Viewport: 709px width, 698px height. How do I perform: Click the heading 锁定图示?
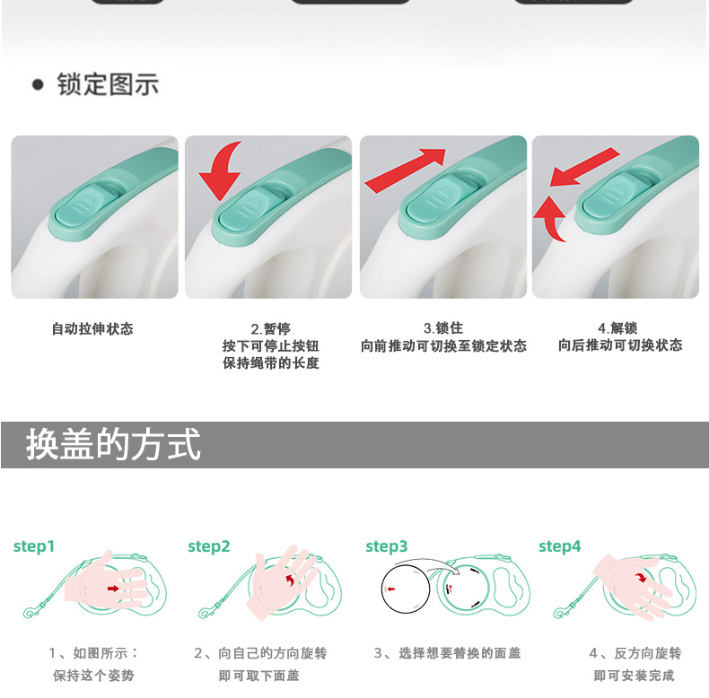pyautogui.click(x=108, y=85)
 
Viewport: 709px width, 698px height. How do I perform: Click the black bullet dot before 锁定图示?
pyautogui.click(x=38, y=86)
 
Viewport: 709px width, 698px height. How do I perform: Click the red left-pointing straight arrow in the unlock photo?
pyautogui.click(x=584, y=168)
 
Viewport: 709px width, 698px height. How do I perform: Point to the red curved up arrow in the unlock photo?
pyautogui.click(x=550, y=221)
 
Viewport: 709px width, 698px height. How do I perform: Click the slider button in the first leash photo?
pyautogui.click(x=90, y=203)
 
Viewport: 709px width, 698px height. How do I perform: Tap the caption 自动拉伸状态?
pyautogui.click(x=92, y=329)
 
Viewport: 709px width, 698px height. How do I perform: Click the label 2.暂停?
pyautogui.click(x=270, y=329)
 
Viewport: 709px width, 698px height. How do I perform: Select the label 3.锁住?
pyautogui.click(x=443, y=328)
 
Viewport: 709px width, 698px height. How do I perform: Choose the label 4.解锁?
pyautogui.click(x=617, y=328)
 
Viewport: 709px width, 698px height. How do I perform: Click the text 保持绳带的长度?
pyautogui.click(x=271, y=363)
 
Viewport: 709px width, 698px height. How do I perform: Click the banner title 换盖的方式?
pyautogui.click(x=113, y=445)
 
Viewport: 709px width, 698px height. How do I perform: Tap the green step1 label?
pyautogui.click(x=34, y=546)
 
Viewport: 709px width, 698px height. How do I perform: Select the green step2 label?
pyautogui.click(x=209, y=546)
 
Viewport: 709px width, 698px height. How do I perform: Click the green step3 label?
pyautogui.click(x=387, y=546)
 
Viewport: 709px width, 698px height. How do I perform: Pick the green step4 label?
pyautogui.click(x=560, y=546)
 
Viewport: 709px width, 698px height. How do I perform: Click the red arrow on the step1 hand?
pyautogui.click(x=112, y=589)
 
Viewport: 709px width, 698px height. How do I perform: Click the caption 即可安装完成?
pyautogui.click(x=634, y=675)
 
